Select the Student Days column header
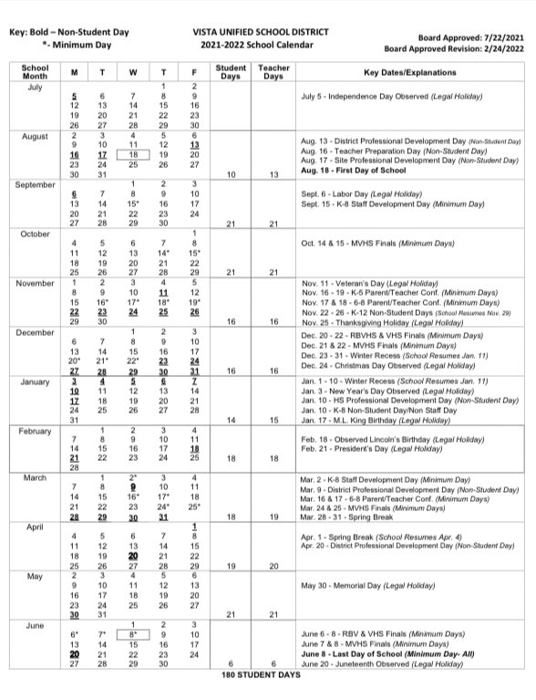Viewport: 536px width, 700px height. click(x=232, y=71)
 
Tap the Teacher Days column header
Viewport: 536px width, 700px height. click(x=274, y=71)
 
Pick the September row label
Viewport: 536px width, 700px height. click(x=35, y=183)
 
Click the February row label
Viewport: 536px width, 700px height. click(x=35, y=431)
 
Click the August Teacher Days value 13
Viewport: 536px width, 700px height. click(x=274, y=173)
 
